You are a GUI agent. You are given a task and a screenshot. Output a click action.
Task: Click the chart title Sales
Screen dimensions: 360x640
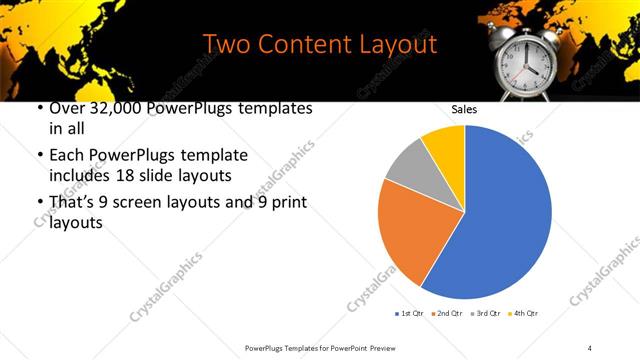pos(464,110)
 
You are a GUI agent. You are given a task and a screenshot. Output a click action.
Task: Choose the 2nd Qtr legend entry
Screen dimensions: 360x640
pos(446,314)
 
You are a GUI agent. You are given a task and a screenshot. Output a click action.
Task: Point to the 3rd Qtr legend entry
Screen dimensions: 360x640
pos(484,314)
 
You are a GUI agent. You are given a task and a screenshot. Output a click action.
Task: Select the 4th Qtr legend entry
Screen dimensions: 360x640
pos(522,314)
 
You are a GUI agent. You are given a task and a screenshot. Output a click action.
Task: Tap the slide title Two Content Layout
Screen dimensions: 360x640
pos(320,45)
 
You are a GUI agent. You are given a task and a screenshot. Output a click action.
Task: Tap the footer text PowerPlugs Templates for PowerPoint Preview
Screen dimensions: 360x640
pos(320,347)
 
